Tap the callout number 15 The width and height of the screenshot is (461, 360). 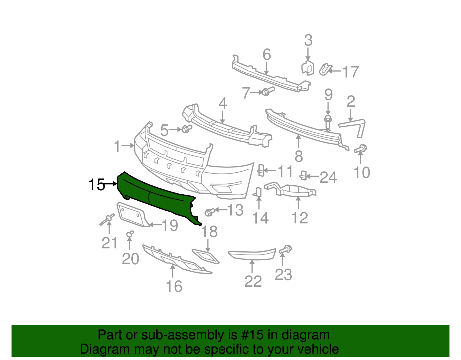point(97,184)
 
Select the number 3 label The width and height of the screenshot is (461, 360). point(308,41)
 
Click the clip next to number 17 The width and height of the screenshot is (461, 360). point(325,69)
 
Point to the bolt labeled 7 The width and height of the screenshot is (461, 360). point(267,91)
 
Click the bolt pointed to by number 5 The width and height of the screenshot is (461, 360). point(186,129)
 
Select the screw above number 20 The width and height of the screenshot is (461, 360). point(130,234)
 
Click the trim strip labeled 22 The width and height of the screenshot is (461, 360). point(252,255)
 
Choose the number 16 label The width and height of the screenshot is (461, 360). point(174,287)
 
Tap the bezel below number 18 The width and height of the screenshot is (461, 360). point(206,256)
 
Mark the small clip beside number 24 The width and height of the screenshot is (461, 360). point(303,175)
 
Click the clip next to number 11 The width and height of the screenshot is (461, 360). point(261,170)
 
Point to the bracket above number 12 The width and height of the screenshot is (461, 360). point(291,189)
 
